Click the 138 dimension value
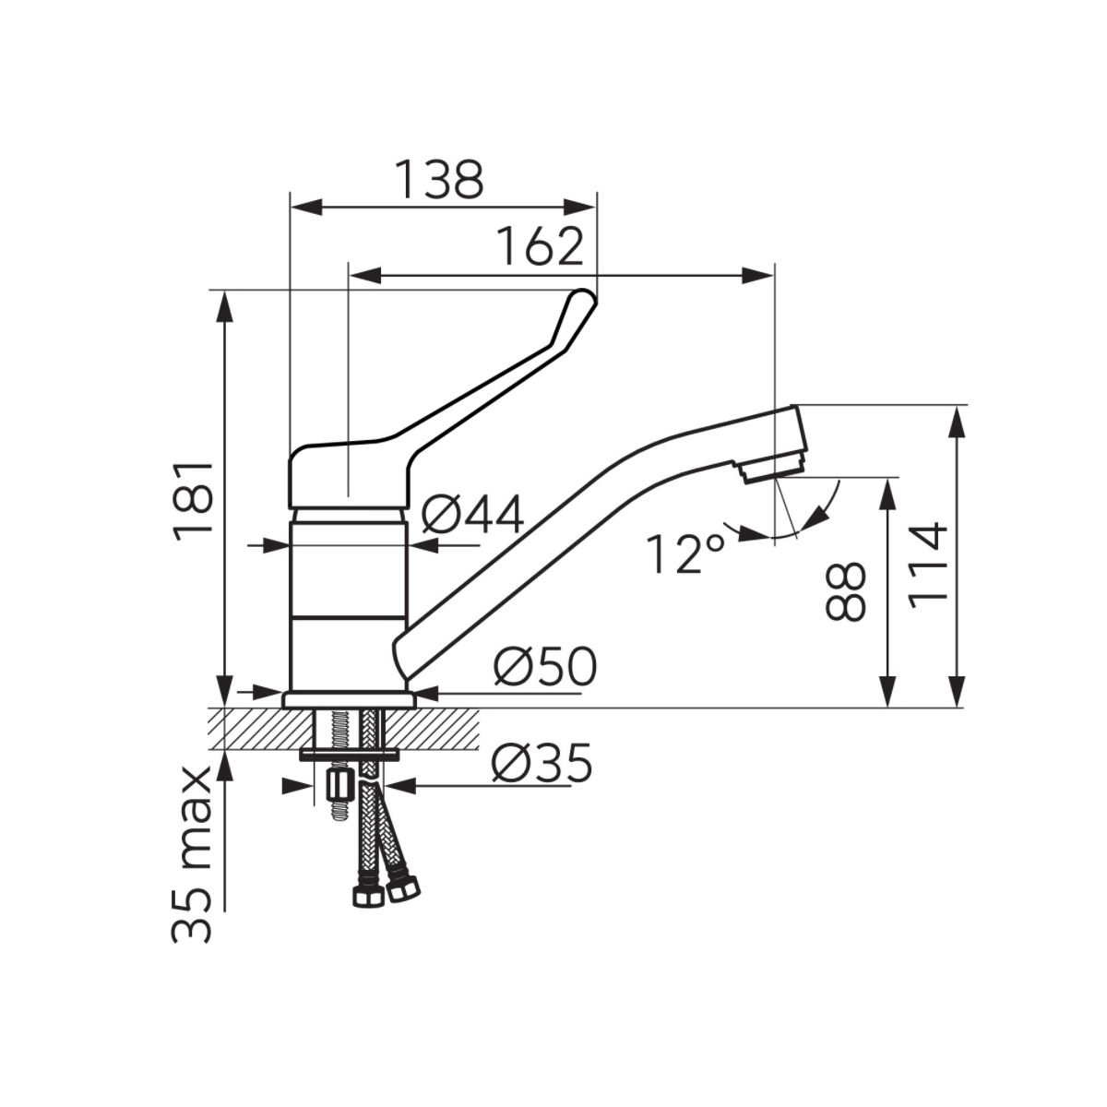click(440, 179)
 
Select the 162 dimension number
click(540, 246)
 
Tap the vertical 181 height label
click(194, 500)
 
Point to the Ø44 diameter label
click(472, 514)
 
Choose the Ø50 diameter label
click(545, 666)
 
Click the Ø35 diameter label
click(542, 763)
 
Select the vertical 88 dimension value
click(844, 591)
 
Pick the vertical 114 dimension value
click(926, 565)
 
